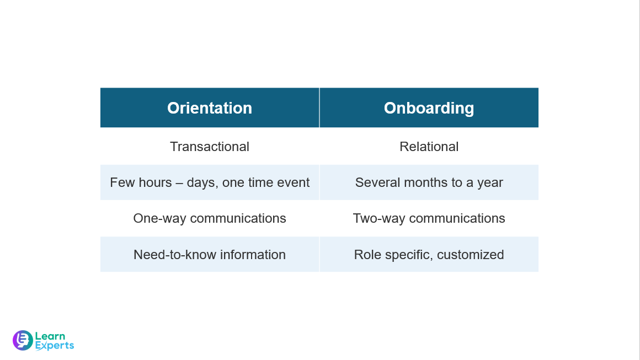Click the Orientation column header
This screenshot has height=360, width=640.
pyautogui.click(x=210, y=108)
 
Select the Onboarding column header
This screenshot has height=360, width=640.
pyautogui.click(x=429, y=108)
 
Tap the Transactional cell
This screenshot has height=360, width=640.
pyautogui.click(x=210, y=147)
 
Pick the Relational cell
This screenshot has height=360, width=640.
pyautogui.click(x=429, y=147)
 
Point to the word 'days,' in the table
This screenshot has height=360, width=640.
pyautogui.click(x=202, y=182)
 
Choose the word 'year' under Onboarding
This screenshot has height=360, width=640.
pyautogui.click(x=490, y=182)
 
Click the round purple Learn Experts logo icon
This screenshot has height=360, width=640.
pyautogui.click(x=23, y=340)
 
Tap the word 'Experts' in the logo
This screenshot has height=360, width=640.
pyautogui.click(x=54, y=346)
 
